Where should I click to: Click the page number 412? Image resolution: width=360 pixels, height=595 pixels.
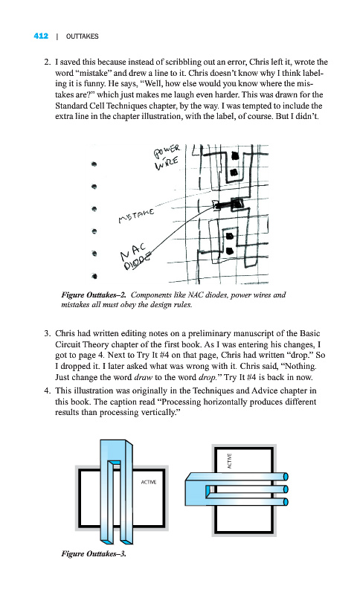pos(41,36)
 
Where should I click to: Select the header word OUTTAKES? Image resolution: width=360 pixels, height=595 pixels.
pos(82,36)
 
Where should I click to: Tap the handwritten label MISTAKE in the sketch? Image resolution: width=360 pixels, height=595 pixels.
pos(137,215)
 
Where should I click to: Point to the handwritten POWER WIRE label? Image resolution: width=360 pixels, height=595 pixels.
pos(167,157)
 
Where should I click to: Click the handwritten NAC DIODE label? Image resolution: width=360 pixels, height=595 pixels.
pos(135,256)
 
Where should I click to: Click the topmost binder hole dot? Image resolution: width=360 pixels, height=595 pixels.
pos(94,164)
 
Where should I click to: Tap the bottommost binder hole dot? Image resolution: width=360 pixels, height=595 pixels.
pos(94,276)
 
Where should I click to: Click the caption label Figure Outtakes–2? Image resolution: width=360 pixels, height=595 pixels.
pos(94,295)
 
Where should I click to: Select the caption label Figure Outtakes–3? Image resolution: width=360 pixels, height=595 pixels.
pos(94,553)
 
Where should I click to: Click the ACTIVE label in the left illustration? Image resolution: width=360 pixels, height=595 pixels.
pos(148,482)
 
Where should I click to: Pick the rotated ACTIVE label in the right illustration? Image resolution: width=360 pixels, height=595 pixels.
pos(230,460)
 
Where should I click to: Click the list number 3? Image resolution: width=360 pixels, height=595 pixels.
pos(47,333)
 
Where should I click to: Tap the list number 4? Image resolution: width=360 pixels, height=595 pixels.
pos(47,391)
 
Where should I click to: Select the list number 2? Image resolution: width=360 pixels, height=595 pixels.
pos(47,62)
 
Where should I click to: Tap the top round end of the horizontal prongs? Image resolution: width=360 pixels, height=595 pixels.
pos(286,477)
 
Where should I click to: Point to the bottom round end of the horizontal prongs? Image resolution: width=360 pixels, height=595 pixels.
pos(286,502)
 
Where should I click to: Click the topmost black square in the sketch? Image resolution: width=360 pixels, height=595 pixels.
pos(235,155)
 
